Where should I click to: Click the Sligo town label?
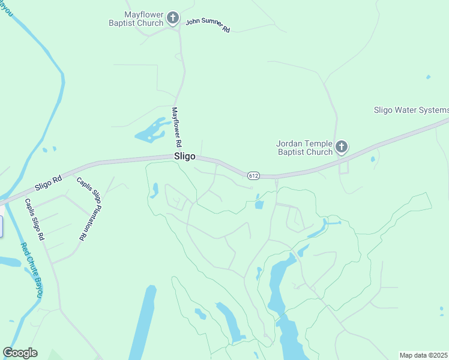tap(184, 156)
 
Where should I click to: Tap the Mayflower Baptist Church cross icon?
tap(173, 18)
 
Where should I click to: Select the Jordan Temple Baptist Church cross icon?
tap(342, 147)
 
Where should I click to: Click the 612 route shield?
tap(253, 174)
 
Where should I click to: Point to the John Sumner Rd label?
tap(208, 25)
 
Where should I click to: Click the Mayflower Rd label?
tap(176, 128)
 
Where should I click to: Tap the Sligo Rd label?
tap(48, 179)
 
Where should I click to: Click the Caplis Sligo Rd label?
tap(35, 220)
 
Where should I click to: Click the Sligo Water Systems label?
tap(411, 110)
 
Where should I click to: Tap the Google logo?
tap(20, 353)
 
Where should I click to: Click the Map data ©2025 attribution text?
tap(424, 355)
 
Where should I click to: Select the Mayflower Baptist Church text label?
tap(143, 19)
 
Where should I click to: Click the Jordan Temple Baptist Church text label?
tap(304, 148)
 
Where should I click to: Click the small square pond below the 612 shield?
tap(259, 205)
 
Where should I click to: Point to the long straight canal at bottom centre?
tap(141, 324)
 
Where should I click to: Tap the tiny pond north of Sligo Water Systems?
tap(427, 77)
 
